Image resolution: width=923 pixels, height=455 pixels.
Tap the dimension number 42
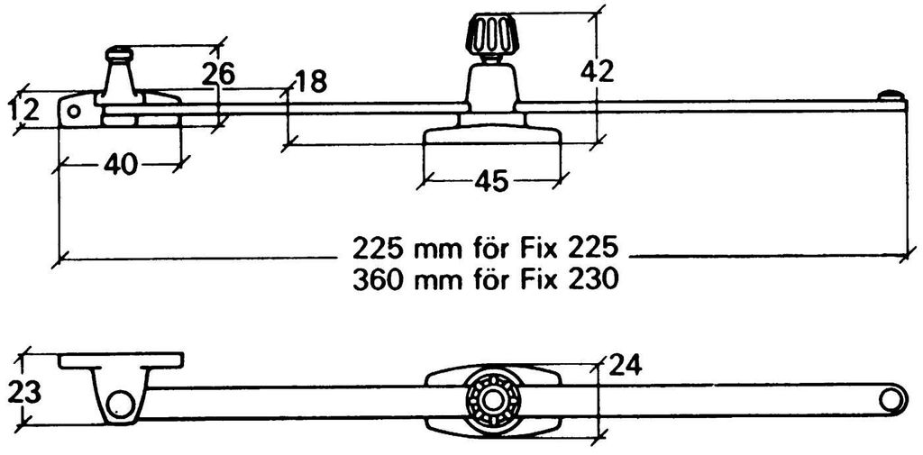pyautogui.click(x=598, y=72)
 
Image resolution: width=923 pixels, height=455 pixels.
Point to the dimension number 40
pyautogui.click(x=120, y=164)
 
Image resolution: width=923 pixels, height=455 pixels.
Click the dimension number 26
pyautogui.click(x=218, y=75)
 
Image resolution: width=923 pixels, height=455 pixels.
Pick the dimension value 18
pyautogui.click(x=310, y=82)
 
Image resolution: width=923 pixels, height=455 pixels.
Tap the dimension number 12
pyautogui.click(x=24, y=110)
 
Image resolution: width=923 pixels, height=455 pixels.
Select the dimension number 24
pyautogui.click(x=626, y=366)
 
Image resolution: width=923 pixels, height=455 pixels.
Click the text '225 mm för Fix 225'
pyautogui.click(x=485, y=249)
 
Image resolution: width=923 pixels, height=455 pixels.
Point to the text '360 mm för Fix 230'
pyautogui.click(x=486, y=279)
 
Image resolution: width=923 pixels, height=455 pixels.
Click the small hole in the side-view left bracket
pyautogui.click(x=73, y=111)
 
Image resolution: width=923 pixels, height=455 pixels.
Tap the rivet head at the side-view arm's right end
pyautogui.click(x=891, y=96)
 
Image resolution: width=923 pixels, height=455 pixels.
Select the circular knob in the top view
pyautogui.click(x=492, y=400)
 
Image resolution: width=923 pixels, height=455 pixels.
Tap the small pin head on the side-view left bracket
pyautogui.click(x=120, y=54)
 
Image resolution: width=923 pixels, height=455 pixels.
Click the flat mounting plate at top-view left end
pyautogui.click(x=121, y=360)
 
